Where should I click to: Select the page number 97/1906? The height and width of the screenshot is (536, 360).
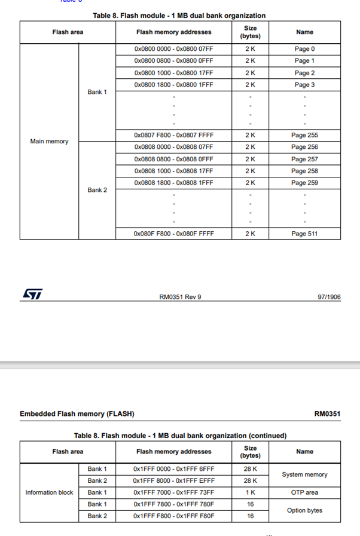[329, 297]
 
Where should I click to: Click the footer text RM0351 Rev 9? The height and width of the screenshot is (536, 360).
[180, 297]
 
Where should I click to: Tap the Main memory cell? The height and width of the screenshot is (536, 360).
[49, 142]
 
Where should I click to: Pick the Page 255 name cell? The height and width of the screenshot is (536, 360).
[304, 136]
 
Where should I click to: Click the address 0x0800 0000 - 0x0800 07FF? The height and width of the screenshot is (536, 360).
[173, 49]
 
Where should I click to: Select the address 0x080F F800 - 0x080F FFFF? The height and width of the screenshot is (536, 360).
[173, 234]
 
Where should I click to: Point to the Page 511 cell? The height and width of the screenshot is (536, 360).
[304, 234]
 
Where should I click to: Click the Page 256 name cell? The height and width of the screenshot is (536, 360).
[304, 147]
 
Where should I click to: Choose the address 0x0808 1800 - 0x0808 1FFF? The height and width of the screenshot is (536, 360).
[173, 183]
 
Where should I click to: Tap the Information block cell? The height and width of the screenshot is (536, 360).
[49, 493]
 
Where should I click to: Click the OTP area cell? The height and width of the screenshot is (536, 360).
[304, 493]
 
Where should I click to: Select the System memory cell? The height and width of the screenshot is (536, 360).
[304, 475]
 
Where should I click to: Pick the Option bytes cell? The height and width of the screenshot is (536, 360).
[304, 510]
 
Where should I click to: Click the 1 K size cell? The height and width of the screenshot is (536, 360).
[250, 493]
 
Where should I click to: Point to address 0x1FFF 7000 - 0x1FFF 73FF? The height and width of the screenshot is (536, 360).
[173, 493]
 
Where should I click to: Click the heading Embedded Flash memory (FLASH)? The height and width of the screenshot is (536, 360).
[77, 414]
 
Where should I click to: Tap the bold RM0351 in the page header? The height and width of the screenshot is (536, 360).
[327, 414]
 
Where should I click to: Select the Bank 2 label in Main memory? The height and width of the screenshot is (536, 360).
[97, 190]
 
